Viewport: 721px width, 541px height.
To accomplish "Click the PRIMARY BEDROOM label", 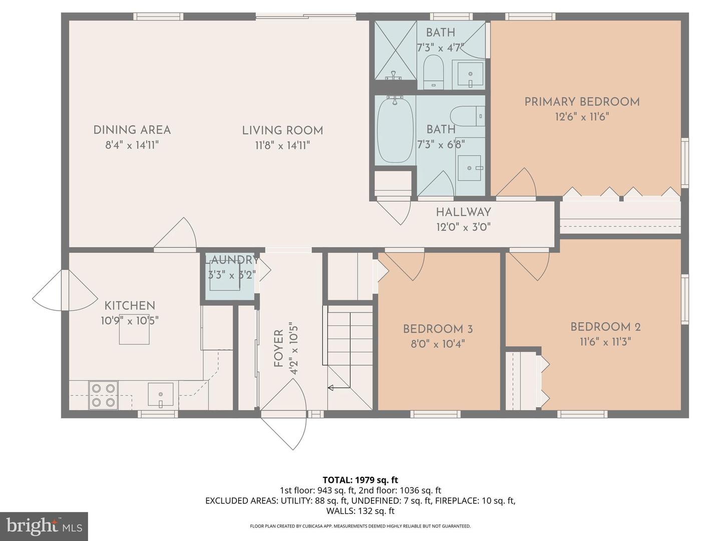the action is pos(582,102).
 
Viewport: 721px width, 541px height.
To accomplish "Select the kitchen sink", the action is pos(160,394).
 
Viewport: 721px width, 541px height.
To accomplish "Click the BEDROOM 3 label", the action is pos(438,329).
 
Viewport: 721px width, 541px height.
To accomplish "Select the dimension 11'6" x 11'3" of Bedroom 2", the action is pos(605,342).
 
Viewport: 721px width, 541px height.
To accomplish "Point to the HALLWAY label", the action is pos(464,212).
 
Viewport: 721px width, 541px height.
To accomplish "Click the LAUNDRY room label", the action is pos(232,260).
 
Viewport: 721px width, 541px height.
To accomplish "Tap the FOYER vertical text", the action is pos(278,349).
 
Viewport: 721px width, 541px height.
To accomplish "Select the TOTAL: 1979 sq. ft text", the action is pos(360,480).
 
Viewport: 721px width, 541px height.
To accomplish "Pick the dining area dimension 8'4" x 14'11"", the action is pos(132,145).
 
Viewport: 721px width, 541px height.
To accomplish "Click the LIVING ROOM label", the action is pos(282,130).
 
